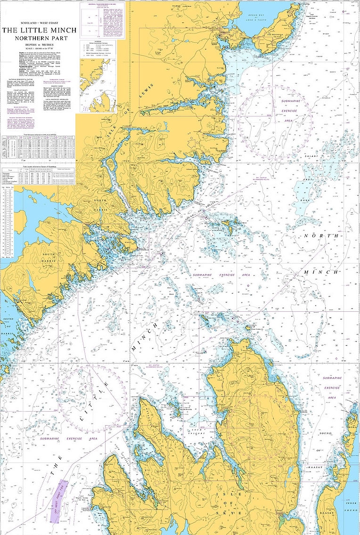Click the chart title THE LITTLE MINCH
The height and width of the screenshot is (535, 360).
40,30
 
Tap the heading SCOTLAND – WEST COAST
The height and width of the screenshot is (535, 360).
40,23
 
